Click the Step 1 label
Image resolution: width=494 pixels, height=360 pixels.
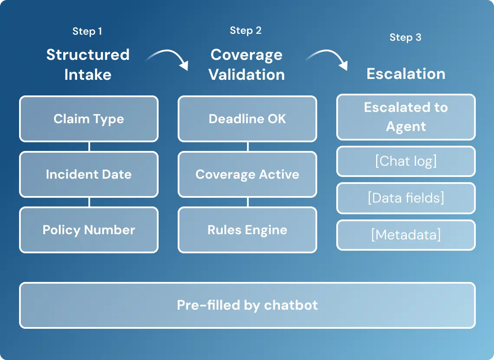point(87,31)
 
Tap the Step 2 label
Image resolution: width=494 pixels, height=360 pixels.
point(246,30)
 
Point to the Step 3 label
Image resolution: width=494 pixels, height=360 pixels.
point(406,37)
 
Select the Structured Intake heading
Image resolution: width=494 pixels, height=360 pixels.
point(88,65)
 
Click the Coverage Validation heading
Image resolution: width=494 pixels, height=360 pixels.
point(247,65)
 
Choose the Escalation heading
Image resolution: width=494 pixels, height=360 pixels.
point(406,74)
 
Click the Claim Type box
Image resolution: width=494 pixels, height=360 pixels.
point(89,119)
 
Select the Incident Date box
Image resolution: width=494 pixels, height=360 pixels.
point(89,174)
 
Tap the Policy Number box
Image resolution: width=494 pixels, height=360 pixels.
point(89,230)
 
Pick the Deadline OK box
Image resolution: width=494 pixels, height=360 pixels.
point(247,119)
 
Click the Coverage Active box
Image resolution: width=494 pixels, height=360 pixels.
point(247,174)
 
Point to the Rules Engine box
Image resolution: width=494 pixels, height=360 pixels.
point(247,230)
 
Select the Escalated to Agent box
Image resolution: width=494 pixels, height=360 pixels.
point(406,117)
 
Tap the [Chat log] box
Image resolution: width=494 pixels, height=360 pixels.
point(406,161)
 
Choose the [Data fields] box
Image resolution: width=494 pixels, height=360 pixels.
point(406,198)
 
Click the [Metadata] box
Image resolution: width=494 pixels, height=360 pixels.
point(406,235)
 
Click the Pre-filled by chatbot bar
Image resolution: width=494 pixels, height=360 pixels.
point(247,305)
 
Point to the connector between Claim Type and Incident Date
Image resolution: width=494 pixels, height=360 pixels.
point(89,147)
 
